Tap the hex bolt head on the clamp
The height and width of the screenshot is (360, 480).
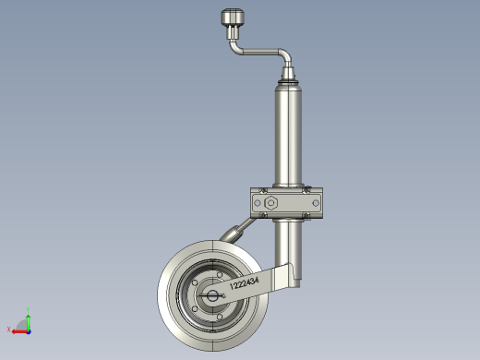[272, 202]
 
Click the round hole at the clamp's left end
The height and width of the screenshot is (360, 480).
[258, 202]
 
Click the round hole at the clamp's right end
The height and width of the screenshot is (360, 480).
[317, 202]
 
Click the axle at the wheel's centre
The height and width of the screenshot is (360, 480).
[212, 295]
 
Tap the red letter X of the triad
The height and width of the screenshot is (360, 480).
[8, 329]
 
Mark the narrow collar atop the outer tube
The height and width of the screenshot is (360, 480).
[288, 83]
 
